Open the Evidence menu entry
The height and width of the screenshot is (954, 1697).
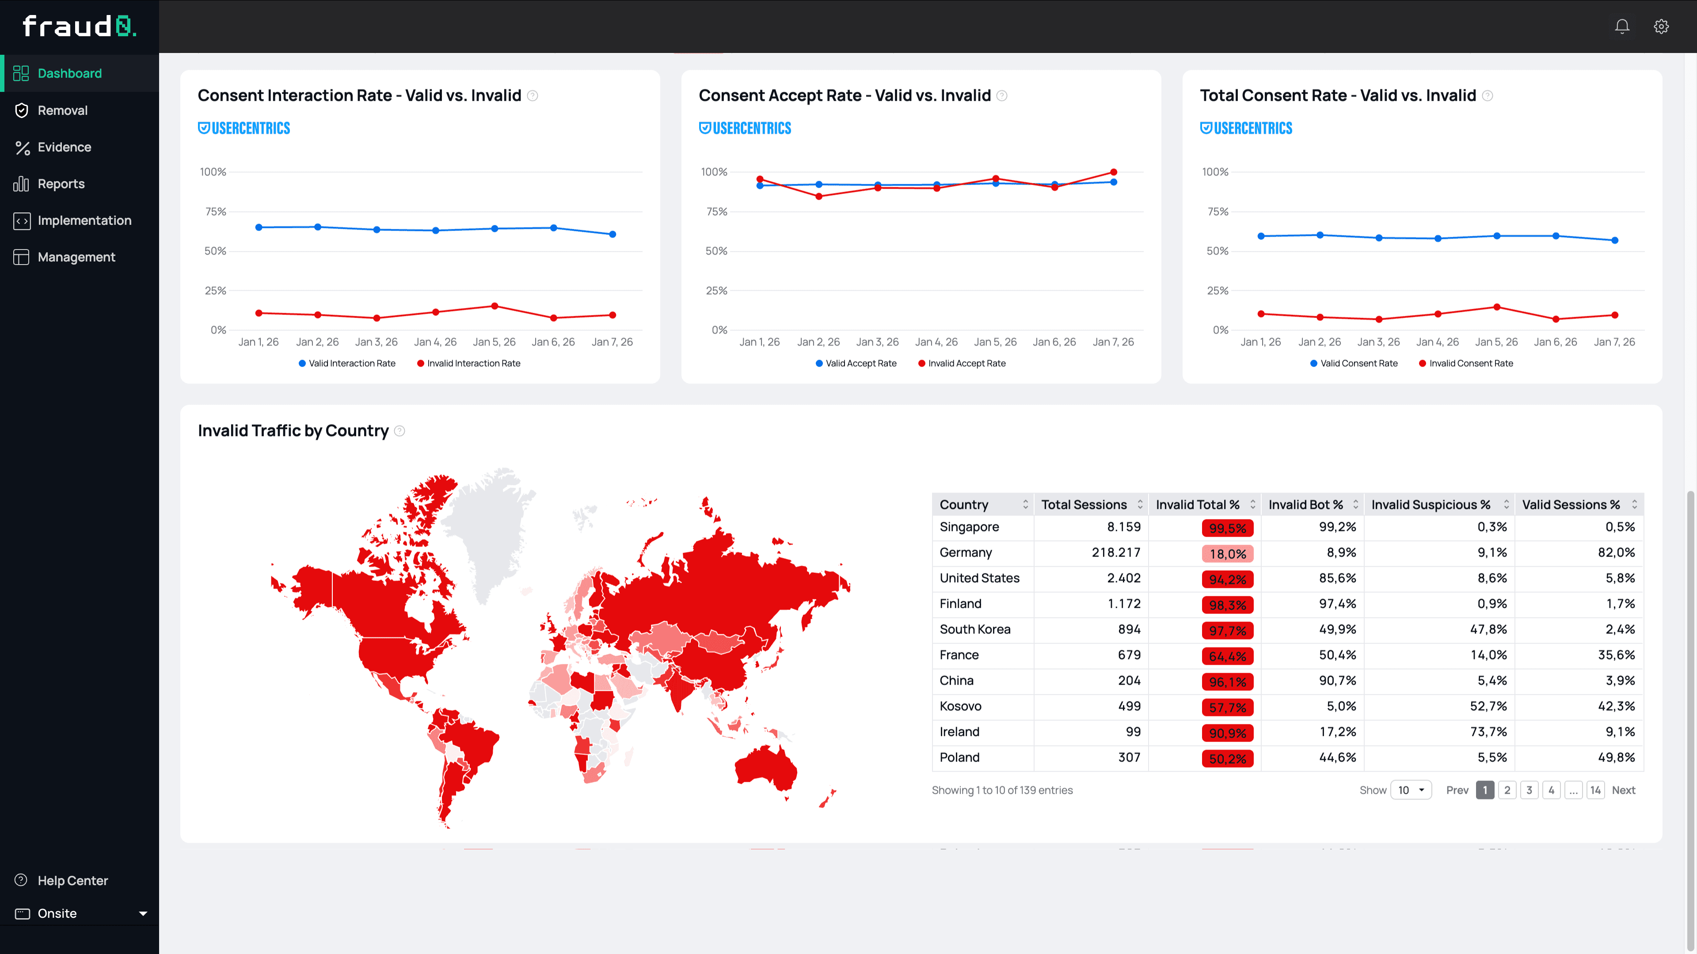coord(64,147)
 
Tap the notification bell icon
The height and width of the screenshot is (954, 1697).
coord(1622,26)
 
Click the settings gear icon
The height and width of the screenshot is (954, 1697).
coord(1661,26)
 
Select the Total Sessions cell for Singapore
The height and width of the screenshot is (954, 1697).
coord(1123,527)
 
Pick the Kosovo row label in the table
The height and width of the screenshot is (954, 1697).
coord(960,706)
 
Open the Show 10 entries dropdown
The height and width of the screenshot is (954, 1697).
coord(1411,790)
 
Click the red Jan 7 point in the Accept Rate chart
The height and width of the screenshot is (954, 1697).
coord(1113,173)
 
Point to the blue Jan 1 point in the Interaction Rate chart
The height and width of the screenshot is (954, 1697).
coord(259,227)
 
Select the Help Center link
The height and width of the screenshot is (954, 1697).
coord(72,880)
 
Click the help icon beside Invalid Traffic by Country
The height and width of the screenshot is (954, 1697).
coord(399,431)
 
